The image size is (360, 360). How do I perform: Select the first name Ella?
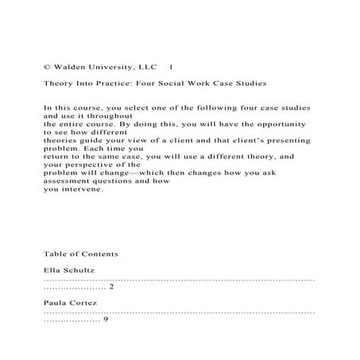53,270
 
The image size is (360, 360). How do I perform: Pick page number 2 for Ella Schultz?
111,287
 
